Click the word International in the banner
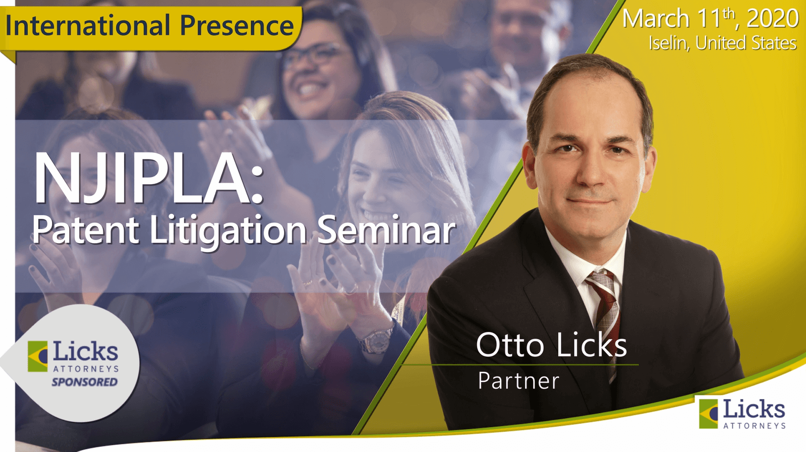(88, 25)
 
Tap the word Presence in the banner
(237, 25)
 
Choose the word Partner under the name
(519, 381)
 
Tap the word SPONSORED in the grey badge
(85, 382)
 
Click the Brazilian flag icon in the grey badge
(37, 356)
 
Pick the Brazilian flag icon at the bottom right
(709, 414)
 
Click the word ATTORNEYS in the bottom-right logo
(754, 426)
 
